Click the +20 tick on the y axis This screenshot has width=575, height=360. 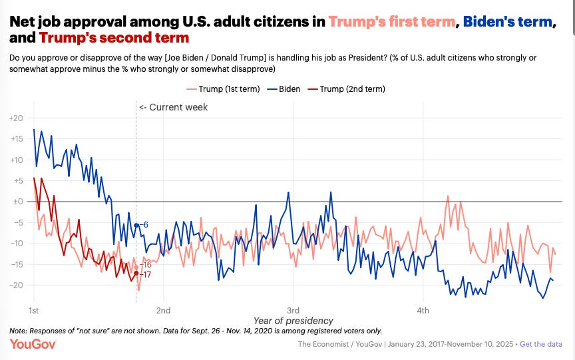(x=15, y=118)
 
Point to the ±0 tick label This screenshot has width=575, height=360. (x=16, y=201)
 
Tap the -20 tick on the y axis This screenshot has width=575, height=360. (x=16, y=285)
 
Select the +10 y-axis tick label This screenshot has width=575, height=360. (x=15, y=160)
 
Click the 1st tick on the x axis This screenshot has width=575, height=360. (x=34, y=310)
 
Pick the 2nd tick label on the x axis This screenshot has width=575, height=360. (x=163, y=310)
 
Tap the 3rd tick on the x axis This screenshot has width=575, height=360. (x=293, y=310)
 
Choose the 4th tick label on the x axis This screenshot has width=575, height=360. (x=423, y=310)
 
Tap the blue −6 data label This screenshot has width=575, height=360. (x=144, y=225)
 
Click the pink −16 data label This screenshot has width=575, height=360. (x=146, y=264)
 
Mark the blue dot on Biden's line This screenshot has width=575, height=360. (x=136, y=225)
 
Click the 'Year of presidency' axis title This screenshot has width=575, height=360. (x=293, y=321)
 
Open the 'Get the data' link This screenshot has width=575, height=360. (x=542, y=343)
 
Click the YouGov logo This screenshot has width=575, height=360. (x=33, y=343)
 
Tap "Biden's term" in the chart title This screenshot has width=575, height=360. (x=507, y=21)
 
